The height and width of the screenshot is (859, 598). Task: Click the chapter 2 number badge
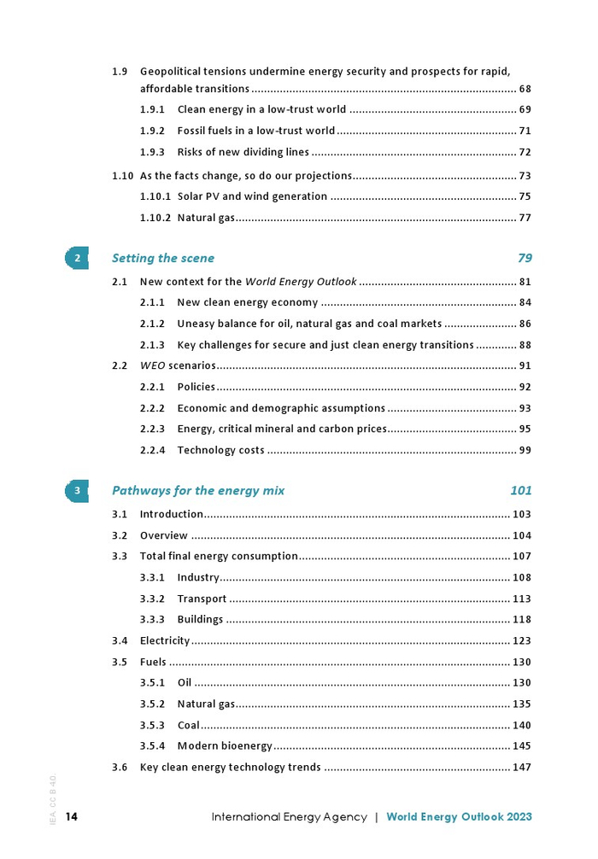(77, 258)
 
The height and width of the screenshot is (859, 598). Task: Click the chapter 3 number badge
(77, 490)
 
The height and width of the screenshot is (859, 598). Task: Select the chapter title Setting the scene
(163, 258)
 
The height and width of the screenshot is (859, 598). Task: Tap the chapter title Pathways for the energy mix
(198, 490)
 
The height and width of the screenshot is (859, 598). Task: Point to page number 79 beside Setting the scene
(525, 258)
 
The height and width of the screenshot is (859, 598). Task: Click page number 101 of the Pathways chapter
(521, 490)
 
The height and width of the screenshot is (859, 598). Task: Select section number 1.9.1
(152, 109)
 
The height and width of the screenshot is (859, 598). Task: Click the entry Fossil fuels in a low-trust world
(256, 131)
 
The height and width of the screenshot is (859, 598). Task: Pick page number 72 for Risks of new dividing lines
(525, 152)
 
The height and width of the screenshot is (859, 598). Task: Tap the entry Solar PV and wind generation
(252, 196)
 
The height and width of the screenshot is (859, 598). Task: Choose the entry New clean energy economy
(248, 302)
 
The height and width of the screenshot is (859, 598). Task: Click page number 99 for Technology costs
(525, 450)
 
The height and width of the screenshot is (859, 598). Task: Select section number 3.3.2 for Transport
(152, 599)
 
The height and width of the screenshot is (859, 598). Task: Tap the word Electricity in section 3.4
(165, 640)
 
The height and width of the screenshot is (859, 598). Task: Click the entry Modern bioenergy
(225, 746)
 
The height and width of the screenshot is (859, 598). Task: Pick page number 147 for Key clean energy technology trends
(521, 767)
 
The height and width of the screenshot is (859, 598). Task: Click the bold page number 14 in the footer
(72, 817)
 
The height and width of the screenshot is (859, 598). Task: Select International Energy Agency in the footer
(290, 817)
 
